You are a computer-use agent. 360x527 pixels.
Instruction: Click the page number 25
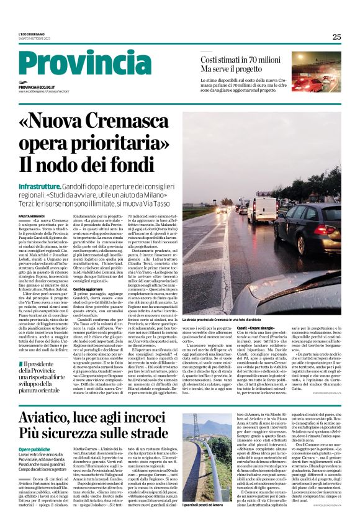(x=336, y=37)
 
